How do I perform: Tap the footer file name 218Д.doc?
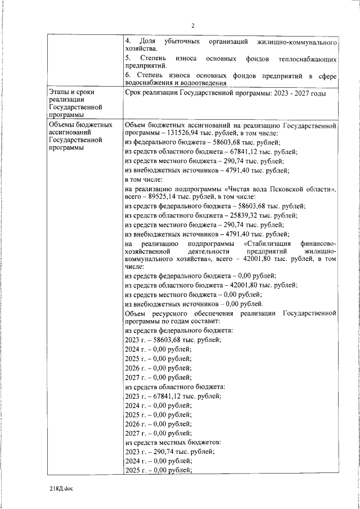(x=61, y=489)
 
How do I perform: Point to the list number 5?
(x=128, y=58)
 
